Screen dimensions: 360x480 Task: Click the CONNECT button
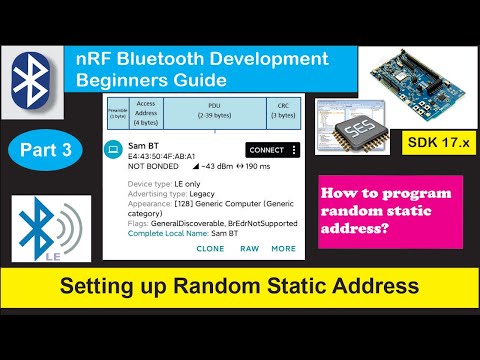[x=270, y=150]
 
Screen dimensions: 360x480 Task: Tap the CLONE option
[x=211, y=248]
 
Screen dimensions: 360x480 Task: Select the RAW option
[x=249, y=248]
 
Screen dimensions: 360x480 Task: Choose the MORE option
[x=283, y=248]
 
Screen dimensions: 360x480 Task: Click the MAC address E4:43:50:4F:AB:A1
[x=156, y=158]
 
